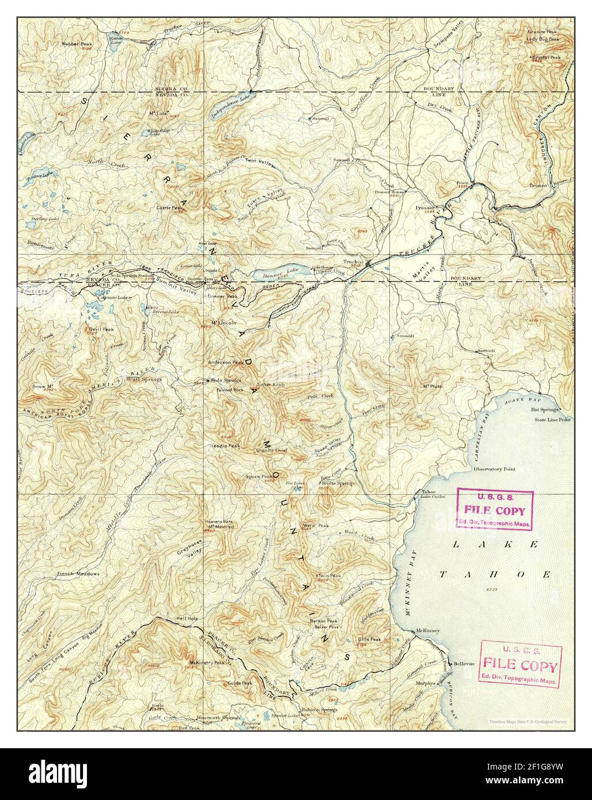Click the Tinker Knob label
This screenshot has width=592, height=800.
pyautogui.click(x=271, y=384)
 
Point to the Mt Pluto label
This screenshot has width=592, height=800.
pyautogui.click(x=432, y=386)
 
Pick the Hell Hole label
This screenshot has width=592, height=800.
pyautogui.click(x=187, y=618)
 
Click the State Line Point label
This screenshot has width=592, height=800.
pyautogui.click(x=552, y=420)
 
